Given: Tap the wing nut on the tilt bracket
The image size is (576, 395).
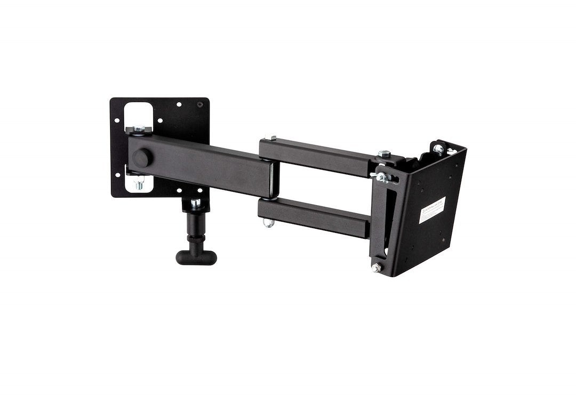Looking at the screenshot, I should pyautogui.click(x=382, y=176).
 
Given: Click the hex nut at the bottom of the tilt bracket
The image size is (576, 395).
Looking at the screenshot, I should pyautogui.click(x=377, y=268).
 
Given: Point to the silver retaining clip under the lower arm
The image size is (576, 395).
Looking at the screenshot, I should pyautogui.click(x=269, y=223).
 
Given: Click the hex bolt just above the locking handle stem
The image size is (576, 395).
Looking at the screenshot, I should pyautogui.click(x=196, y=203).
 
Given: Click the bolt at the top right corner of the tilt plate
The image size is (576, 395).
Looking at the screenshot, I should pyautogui.click(x=438, y=149).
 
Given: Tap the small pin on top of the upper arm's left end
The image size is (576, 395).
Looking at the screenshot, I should pyautogui.click(x=272, y=138).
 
